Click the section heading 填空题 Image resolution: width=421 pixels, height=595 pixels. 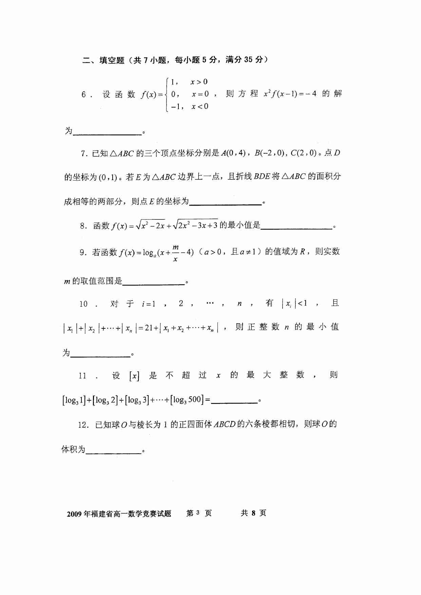[112, 60]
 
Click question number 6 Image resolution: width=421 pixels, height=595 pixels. [84, 95]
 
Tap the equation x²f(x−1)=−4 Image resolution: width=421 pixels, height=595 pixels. [290, 94]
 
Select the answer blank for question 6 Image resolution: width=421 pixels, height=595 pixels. [107, 133]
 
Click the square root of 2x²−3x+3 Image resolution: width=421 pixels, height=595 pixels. [195, 225]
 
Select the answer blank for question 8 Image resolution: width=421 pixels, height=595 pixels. [296, 227]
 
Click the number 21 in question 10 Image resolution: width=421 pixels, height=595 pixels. [149, 328]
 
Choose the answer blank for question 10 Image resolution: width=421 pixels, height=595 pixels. [100, 354]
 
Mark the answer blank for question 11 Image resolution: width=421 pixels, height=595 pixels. [234, 401]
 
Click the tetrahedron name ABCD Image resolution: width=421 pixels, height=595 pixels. [225, 424]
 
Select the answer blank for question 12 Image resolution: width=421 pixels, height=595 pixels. [113, 452]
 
